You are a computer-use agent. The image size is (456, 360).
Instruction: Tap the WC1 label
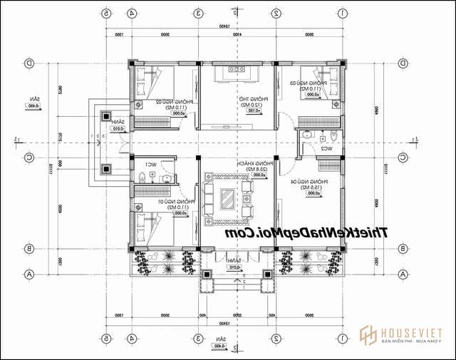[x=150, y=164]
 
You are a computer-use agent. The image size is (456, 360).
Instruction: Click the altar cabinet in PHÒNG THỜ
[x=237, y=68]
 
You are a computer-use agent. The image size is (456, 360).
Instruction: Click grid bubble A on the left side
[x=29, y=274]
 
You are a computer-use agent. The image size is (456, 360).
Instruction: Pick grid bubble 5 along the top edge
[x=107, y=13]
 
